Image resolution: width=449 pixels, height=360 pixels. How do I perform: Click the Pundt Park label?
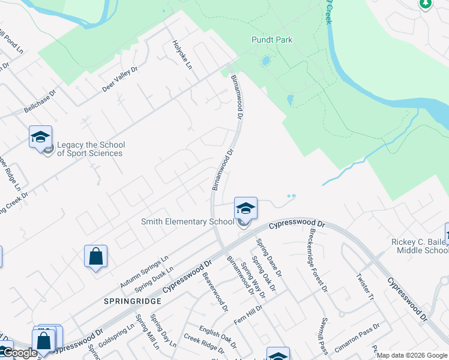click(271, 40)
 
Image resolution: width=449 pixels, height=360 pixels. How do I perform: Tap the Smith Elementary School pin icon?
click(246, 208)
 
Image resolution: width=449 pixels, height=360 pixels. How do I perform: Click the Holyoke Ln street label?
click(181, 53)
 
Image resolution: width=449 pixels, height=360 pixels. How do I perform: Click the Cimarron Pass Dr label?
click(357, 335)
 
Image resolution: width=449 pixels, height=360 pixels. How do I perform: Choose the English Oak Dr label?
click(218, 336)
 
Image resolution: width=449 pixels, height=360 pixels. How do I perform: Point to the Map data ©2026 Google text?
click(412, 355)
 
